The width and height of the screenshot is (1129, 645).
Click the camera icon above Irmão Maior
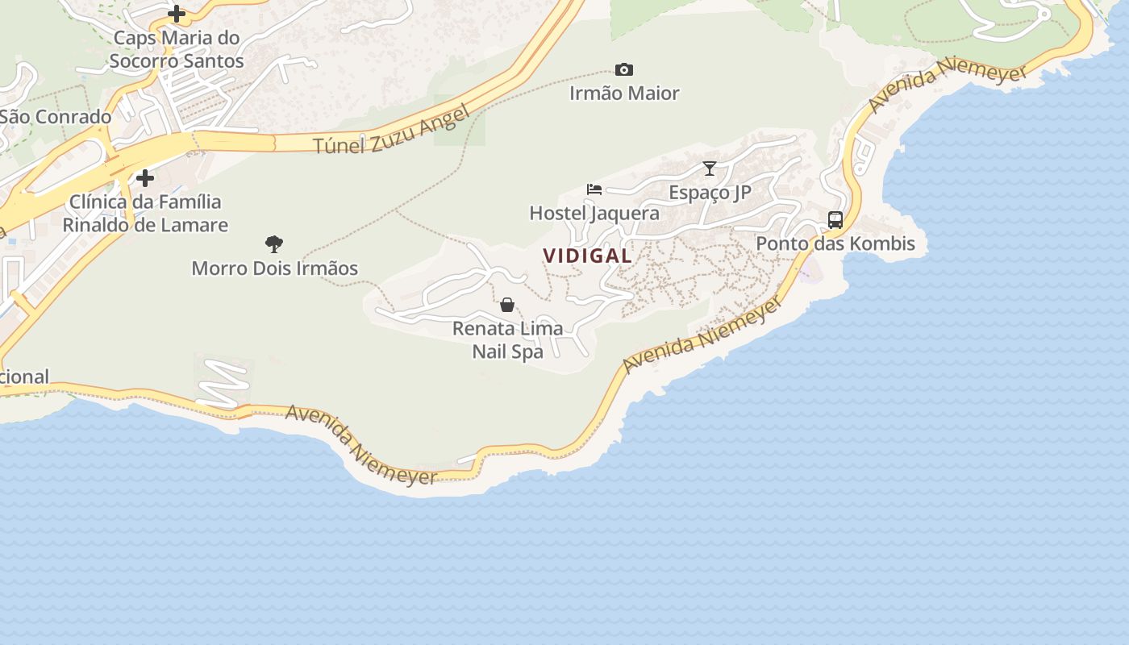click(623, 70)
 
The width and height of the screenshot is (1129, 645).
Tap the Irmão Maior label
click(624, 94)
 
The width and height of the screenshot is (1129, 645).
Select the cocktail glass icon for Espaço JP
click(710, 169)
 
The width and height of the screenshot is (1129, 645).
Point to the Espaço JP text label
click(710, 193)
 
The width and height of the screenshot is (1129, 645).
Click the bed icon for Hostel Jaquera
click(594, 189)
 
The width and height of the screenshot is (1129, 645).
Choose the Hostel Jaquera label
click(594, 214)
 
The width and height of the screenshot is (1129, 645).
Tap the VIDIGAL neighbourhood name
click(587, 256)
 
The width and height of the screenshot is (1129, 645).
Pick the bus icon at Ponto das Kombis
click(835, 219)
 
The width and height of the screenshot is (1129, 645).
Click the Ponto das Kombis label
click(835, 243)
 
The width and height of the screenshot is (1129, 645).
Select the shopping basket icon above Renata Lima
click(507, 305)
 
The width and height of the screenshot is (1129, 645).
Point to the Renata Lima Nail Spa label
click(507, 340)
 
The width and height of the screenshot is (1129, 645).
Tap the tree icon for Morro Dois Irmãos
click(274, 243)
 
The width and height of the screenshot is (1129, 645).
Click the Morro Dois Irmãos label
click(274, 268)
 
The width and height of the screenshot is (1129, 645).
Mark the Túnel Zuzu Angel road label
click(391, 131)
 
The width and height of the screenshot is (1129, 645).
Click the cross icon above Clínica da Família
click(145, 177)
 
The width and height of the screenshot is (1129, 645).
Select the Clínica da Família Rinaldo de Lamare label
click(145, 214)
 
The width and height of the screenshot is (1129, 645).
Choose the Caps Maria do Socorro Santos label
click(177, 49)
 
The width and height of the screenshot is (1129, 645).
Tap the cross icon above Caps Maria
click(177, 14)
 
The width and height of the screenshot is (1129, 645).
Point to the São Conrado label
click(55, 117)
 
